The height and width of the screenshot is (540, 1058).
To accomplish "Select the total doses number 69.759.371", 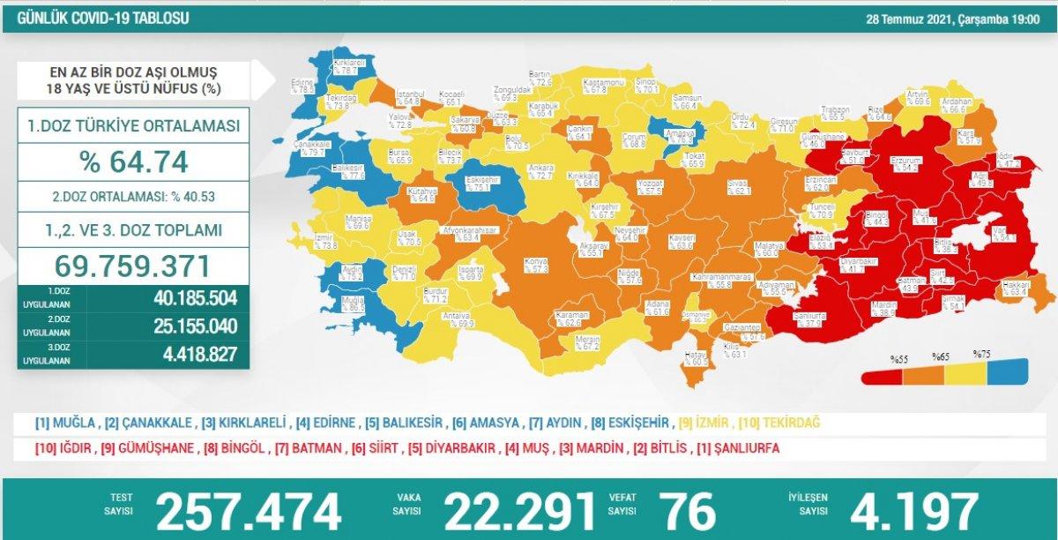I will click(x=132, y=266).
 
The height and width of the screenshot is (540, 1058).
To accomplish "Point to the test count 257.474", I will click(x=248, y=511).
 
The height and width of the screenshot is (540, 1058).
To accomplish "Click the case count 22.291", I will click(x=520, y=511).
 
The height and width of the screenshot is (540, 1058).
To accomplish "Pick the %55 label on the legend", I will click(x=898, y=358).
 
